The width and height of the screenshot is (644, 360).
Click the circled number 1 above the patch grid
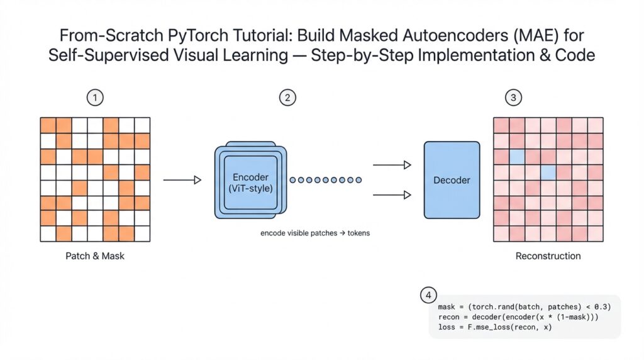(95, 98)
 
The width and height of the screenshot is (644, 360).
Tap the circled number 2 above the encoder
(287, 98)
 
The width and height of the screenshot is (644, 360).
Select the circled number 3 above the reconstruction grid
(514, 98)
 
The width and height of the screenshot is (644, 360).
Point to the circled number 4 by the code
(428, 295)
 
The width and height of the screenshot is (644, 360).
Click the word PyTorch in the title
(202, 35)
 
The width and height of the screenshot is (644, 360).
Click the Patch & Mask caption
(95, 256)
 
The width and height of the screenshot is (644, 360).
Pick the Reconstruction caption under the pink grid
(548, 256)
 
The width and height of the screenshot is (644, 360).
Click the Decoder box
(452, 180)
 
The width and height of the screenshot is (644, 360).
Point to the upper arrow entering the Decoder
(392, 165)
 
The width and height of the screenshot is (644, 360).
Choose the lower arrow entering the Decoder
(392, 195)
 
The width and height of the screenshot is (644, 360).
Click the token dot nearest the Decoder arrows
(358, 180)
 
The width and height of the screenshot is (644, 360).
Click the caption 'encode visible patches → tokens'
(315, 233)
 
